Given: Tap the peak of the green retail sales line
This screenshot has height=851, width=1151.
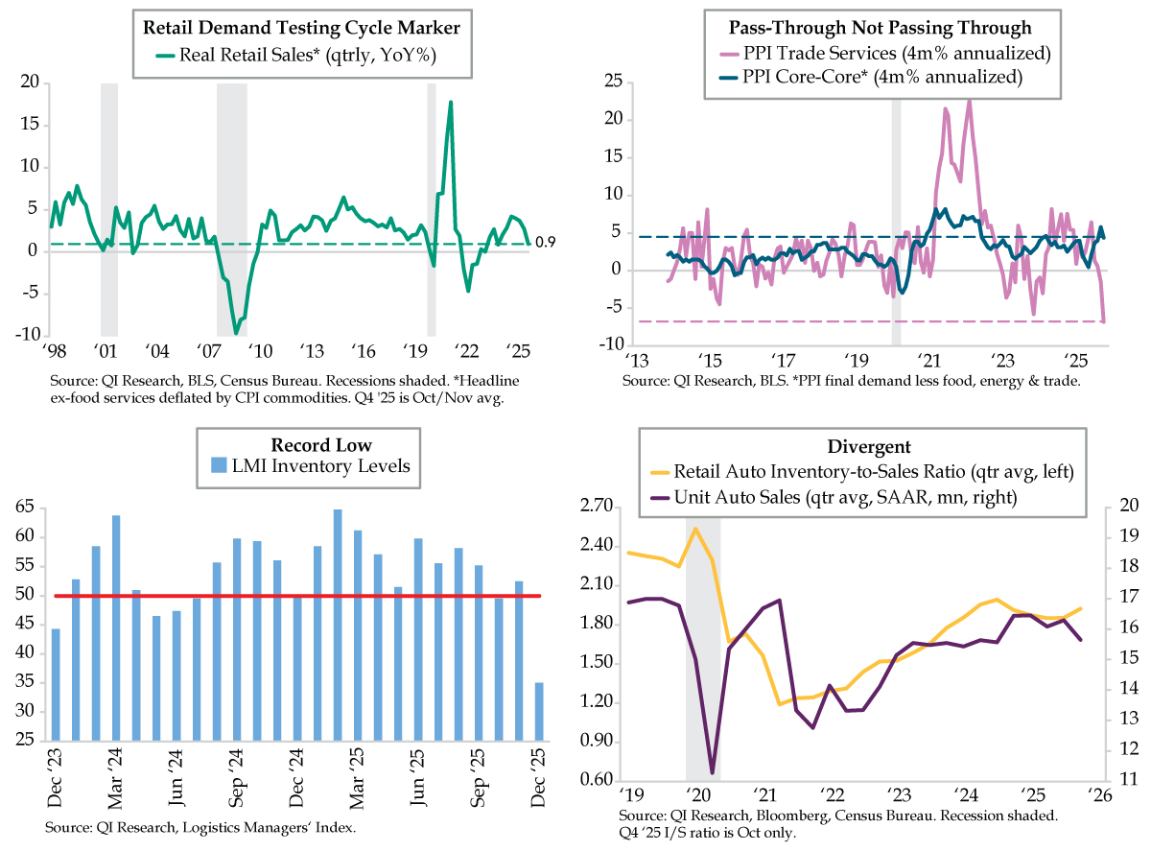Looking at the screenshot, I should tap(451, 102).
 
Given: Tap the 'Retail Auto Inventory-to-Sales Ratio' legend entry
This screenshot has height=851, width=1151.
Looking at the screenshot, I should tap(860, 472).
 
